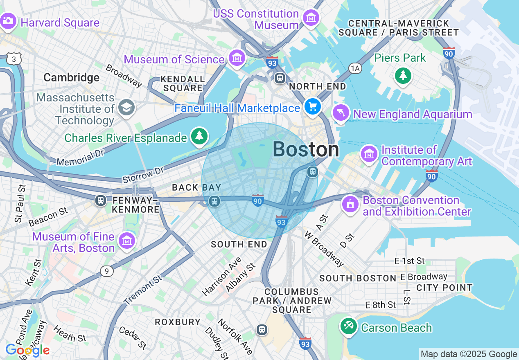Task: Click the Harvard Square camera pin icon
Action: tap(8, 20)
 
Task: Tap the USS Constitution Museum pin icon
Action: tap(311, 18)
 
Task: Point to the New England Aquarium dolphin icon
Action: tap(341, 112)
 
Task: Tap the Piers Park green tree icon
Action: tap(403, 75)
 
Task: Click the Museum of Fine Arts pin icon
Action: tap(126, 241)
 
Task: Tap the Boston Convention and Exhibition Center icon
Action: tap(350, 204)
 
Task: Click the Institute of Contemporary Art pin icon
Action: tap(369, 154)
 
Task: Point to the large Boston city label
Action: tap(306, 149)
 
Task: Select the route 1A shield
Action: tap(355, 68)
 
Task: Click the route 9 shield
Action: tap(106, 271)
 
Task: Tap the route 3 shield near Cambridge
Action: tap(14, 60)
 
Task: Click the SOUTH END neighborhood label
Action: tap(239, 244)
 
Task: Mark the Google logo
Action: tap(27, 350)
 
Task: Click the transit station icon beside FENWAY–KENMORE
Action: tap(100, 200)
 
